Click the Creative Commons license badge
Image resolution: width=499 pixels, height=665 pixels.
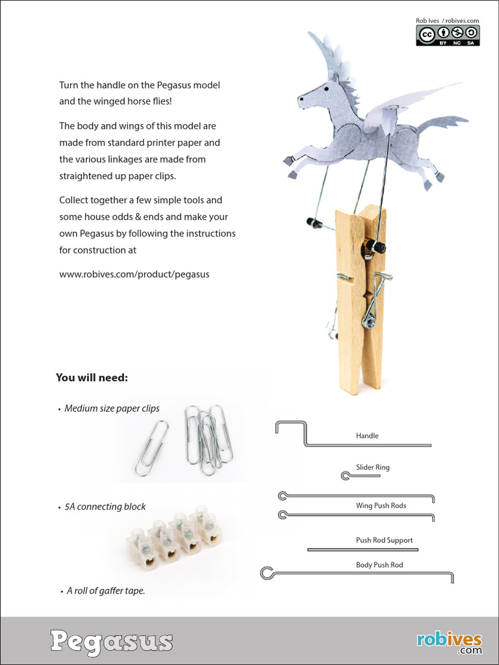(448, 35)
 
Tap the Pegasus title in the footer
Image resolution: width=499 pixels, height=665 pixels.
(112, 641)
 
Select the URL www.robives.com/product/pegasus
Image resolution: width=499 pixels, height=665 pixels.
(134, 274)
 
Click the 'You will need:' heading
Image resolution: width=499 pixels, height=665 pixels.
(92, 377)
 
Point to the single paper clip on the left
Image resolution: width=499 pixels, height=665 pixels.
(151, 447)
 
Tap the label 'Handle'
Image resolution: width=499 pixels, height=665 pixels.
(367, 436)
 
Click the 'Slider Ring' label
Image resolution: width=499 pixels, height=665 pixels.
(373, 467)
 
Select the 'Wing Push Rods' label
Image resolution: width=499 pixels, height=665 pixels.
(381, 505)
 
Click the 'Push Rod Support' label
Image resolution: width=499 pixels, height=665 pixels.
(384, 540)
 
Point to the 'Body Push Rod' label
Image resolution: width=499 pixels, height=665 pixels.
(379, 565)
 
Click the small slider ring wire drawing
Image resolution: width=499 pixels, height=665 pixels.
(359, 476)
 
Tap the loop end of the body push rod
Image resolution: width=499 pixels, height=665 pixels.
(267, 573)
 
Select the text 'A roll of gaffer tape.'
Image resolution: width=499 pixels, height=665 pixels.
(106, 591)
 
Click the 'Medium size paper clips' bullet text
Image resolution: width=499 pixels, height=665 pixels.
(112, 408)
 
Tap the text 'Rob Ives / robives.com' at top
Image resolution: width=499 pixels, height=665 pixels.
(447, 21)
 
